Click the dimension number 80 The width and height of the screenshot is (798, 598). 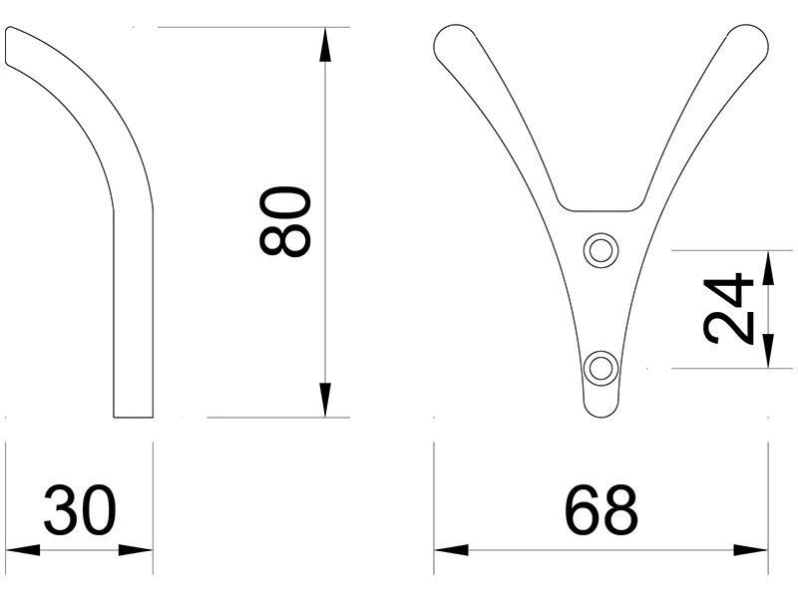(286, 221)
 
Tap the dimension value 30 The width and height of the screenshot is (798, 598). (80, 510)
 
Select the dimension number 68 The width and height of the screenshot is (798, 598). (600, 510)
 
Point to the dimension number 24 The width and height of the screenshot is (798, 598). (727, 308)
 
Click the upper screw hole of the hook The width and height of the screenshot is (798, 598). (599, 250)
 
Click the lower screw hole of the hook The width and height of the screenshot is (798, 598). (599, 367)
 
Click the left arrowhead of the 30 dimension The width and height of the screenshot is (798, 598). (20, 549)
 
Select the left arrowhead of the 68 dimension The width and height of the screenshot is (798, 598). (450, 549)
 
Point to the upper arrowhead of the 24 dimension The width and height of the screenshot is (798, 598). (767, 264)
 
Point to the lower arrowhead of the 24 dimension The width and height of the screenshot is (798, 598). (767, 353)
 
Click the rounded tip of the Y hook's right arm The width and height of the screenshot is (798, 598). (749, 41)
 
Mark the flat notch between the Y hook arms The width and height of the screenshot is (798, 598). (599, 209)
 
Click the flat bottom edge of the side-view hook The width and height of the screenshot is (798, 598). (133, 416)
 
